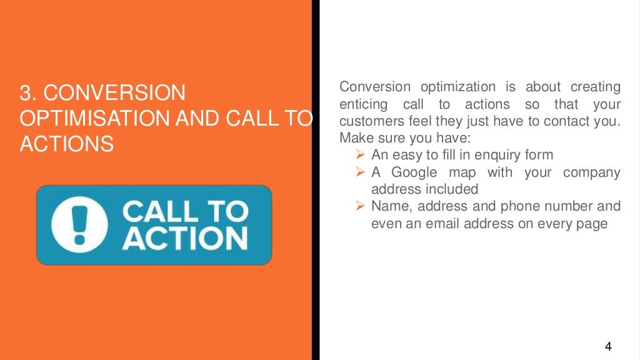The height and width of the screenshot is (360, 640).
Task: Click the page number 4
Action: coord(607,346)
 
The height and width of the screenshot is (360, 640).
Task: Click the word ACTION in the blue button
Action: coord(184,239)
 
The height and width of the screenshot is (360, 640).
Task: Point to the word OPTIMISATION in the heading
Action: coord(86,119)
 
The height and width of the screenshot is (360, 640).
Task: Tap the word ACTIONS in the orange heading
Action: coord(66,144)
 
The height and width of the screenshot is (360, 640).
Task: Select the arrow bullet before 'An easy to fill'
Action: coord(360,154)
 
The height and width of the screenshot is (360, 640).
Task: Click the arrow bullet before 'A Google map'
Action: coord(360,172)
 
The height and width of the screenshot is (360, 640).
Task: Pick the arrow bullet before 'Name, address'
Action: coord(360,206)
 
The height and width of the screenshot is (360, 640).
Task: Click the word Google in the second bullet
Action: coord(414,172)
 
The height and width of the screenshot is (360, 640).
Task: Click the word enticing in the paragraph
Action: coord(363,104)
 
